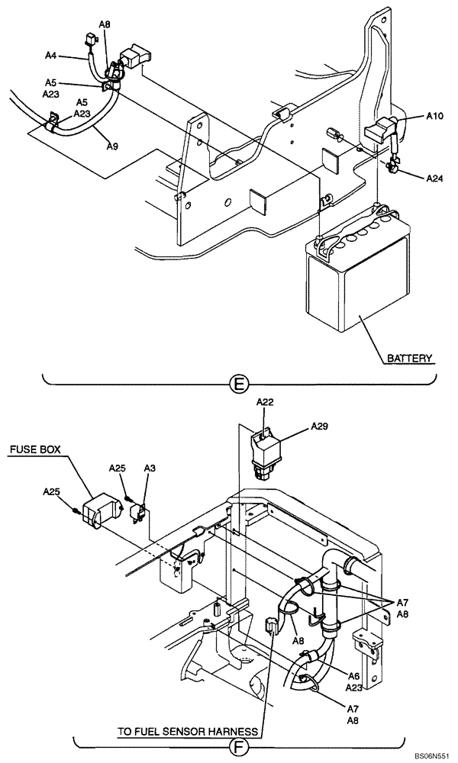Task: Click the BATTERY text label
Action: pos(409,357)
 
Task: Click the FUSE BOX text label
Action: pos(37,451)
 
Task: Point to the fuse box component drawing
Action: pos(98,510)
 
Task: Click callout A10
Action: pos(434,116)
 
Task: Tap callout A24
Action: pos(434,179)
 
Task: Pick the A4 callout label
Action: pos(51,55)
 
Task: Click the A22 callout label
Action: pos(264,402)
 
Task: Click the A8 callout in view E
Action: pos(105,24)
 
